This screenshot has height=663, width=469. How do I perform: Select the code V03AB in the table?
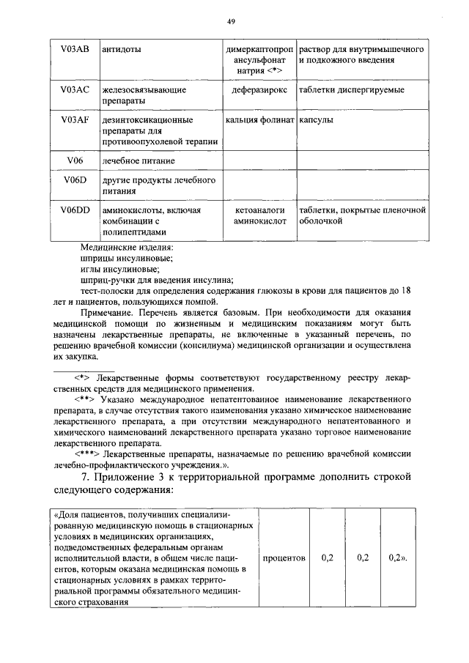[75, 49]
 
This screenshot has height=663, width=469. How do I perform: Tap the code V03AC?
[75, 89]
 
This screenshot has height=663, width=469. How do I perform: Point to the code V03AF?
[75, 119]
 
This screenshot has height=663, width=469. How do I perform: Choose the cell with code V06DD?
[75, 210]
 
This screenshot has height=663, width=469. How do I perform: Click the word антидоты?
[119, 50]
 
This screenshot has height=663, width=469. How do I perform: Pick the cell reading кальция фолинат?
[259, 119]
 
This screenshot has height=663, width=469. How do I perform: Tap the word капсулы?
[316, 119]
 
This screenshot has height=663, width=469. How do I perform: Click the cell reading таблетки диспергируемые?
[351, 90]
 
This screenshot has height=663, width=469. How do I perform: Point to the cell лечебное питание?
[139, 160]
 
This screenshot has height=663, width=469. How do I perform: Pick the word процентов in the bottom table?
[284, 558]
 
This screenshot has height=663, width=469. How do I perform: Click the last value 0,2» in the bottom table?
[396, 558]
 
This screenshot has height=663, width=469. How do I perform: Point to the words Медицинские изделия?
[128, 248]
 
